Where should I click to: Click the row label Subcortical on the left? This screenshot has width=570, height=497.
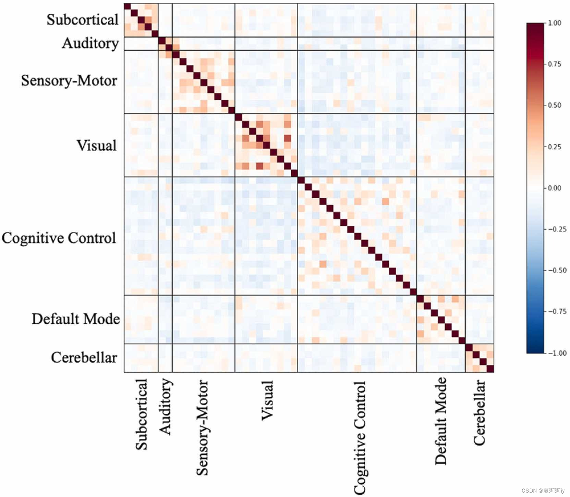[x=83, y=20]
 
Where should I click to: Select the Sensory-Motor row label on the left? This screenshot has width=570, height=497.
[x=69, y=81]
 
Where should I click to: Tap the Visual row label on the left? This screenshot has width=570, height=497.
[x=96, y=146]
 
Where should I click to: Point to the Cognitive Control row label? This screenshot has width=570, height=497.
[x=59, y=238]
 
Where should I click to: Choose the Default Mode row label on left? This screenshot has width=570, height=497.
[x=76, y=319]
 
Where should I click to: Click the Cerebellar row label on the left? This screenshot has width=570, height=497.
[x=84, y=358]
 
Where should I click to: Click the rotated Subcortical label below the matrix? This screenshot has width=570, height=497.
[x=141, y=414]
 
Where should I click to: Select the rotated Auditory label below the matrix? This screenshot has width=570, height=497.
[x=165, y=407]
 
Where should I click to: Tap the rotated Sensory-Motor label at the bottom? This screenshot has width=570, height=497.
[x=202, y=427]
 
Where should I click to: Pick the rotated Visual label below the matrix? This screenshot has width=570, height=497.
[x=267, y=400]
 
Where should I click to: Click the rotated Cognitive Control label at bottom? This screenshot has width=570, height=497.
[x=360, y=437]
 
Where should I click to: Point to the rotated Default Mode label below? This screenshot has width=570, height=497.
[x=441, y=421]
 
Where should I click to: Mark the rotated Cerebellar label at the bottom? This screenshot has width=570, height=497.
[x=479, y=412]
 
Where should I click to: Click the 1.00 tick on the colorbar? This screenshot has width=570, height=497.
[x=555, y=23]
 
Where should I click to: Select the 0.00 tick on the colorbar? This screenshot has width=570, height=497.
[x=555, y=188]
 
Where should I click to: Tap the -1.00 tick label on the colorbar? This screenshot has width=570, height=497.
[x=557, y=353]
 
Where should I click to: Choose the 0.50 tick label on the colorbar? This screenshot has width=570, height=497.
[x=555, y=105]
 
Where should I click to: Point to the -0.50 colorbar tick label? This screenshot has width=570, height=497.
[x=557, y=271]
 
